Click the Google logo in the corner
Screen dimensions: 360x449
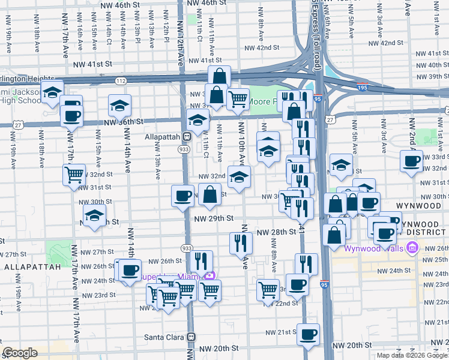point(20,353)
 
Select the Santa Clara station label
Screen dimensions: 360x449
point(165,337)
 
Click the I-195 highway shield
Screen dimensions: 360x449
point(362,86)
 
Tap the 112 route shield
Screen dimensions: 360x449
point(121,80)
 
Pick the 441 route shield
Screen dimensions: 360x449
point(302,229)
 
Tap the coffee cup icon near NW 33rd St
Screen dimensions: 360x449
point(412,161)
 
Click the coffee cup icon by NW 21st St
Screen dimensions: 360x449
point(308,334)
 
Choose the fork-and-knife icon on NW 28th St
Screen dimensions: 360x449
point(241,242)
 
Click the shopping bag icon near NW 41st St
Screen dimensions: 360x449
point(220,76)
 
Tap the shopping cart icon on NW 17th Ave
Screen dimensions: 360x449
point(74,175)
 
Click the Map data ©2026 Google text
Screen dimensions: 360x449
point(412,355)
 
